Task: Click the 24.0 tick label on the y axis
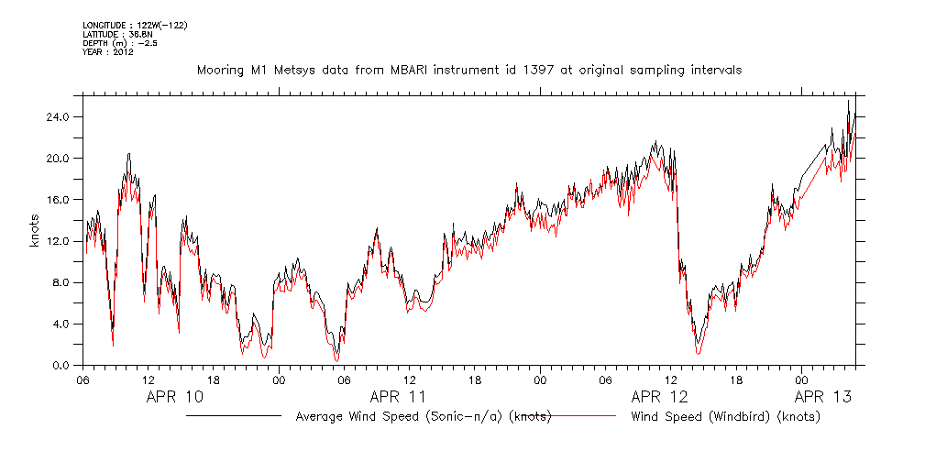point(59,116)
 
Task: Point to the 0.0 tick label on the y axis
point(61,365)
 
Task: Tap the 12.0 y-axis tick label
point(59,241)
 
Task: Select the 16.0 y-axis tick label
point(59,200)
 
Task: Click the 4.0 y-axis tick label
point(61,324)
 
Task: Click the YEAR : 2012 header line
point(108,52)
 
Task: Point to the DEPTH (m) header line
point(120,43)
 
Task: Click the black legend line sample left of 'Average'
point(234,416)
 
